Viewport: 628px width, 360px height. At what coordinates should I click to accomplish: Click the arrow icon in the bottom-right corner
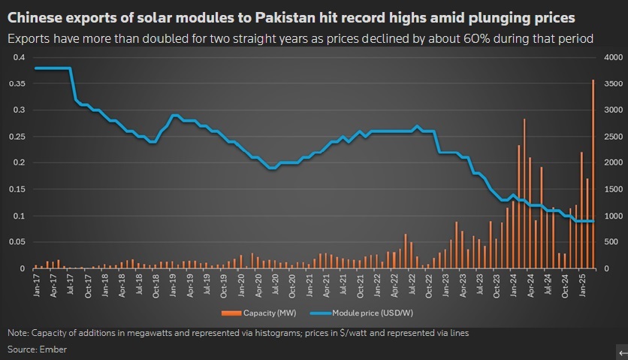(622, 352)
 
